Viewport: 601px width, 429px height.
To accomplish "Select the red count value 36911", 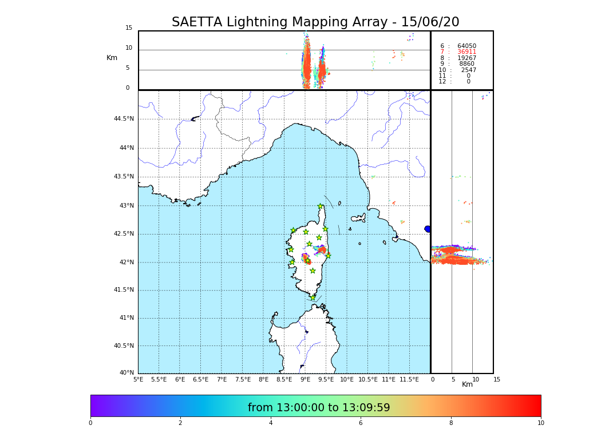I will (x=466, y=52).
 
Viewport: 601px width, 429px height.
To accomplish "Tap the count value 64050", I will (x=466, y=46).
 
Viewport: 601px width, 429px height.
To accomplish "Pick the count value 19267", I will (x=466, y=58).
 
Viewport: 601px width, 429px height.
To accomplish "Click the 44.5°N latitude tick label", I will (x=124, y=119).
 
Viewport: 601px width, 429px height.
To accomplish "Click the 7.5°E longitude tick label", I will (x=243, y=379).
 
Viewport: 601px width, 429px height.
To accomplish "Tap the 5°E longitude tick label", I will (x=139, y=379).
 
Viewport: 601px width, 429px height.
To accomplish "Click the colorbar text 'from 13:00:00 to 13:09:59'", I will (x=319, y=408).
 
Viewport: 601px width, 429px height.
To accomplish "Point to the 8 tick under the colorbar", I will (x=451, y=423).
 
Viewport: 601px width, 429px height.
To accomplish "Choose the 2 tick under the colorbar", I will (x=180, y=423).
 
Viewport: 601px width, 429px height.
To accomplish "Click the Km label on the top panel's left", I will (x=112, y=58).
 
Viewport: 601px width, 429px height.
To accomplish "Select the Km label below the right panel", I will (x=468, y=384).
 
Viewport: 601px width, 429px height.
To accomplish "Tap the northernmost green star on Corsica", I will (x=321, y=206).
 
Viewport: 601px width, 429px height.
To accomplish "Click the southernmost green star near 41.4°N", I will (x=313, y=297).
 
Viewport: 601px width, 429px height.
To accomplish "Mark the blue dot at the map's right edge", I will (x=428, y=229).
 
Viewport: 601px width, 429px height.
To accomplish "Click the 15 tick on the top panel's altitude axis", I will (x=129, y=28).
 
